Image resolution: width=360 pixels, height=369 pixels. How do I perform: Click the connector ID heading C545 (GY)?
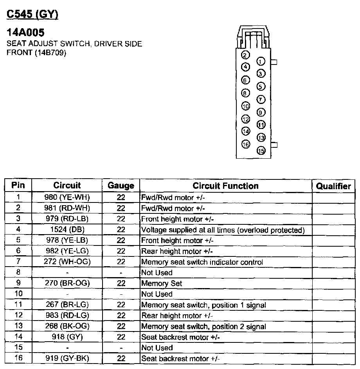point(32,14)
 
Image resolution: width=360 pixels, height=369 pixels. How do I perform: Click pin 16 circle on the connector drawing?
point(245,144)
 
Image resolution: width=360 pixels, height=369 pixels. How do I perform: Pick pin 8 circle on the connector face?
point(245,93)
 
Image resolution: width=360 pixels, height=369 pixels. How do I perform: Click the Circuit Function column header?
point(225,186)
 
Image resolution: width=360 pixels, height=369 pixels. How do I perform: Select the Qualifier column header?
point(333,186)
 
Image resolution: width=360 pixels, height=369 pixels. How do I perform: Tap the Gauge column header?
point(121,186)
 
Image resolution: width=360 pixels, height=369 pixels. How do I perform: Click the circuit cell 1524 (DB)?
point(67,230)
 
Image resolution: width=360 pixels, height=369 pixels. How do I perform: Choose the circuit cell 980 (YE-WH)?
point(67,197)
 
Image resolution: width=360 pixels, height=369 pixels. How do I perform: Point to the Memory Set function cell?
point(162,283)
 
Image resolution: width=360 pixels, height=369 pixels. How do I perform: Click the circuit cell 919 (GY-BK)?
point(67,358)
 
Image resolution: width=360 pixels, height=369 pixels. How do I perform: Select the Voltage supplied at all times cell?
point(222,230)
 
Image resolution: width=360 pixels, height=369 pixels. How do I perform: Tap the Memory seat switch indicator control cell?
point(202,262)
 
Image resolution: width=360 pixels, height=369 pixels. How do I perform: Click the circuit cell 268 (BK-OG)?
point(67,326)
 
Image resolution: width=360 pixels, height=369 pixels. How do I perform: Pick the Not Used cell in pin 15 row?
point(157,348)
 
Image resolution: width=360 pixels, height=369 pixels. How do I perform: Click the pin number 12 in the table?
point(18,315)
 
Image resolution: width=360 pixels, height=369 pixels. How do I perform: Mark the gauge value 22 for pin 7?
point(121,262)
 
